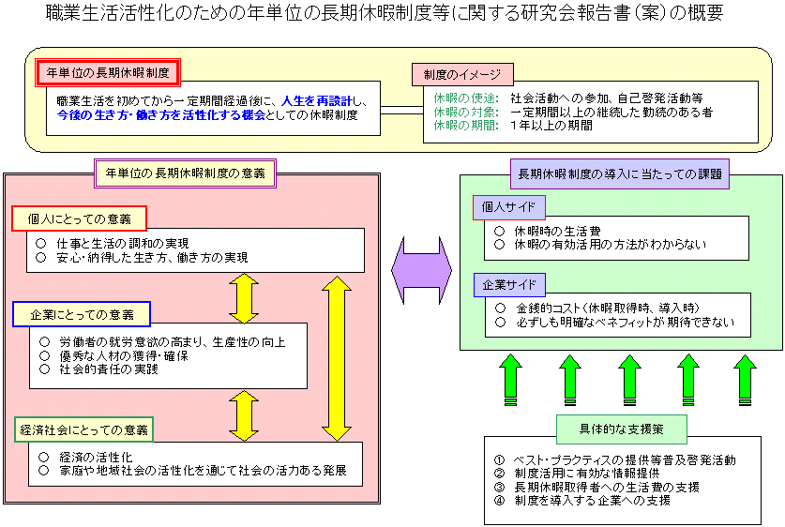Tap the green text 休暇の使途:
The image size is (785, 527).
[x=466, y=98]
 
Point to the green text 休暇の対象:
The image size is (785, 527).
[x=466, y=112]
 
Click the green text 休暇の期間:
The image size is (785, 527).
[x=466, y=125]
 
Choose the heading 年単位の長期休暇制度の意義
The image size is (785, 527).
[x=185, y=173]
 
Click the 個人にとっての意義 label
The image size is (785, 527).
[x=80, y=219]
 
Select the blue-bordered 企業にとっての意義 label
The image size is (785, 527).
[x=82, y=314]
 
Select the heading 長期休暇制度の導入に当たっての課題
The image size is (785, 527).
[x=620, y=173]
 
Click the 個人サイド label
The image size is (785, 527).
[x=508, y=207]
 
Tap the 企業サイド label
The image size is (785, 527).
[x=508, y=283]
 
